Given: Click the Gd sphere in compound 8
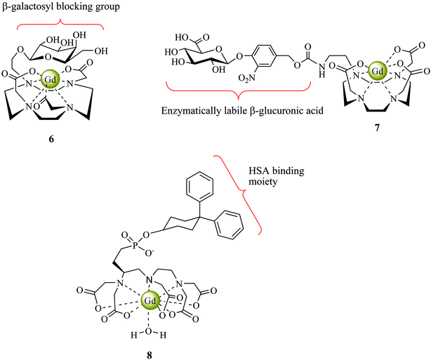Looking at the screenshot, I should click(149, 300).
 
